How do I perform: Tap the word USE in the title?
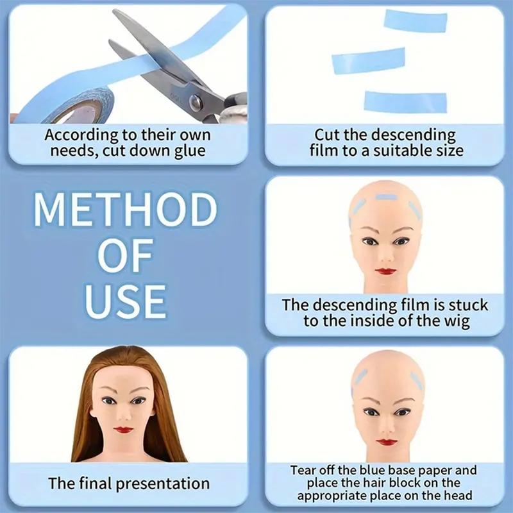pyautogui.click(x=125, y=299)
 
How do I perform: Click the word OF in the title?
pyautogui.click(x=125, y=255)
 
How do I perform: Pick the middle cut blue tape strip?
pyautogui.click(x=368, y=61)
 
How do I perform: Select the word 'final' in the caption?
pyautogui.click(x=94, y=484)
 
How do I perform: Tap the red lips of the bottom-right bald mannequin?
pyautogui.click(x=385, y=442)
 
